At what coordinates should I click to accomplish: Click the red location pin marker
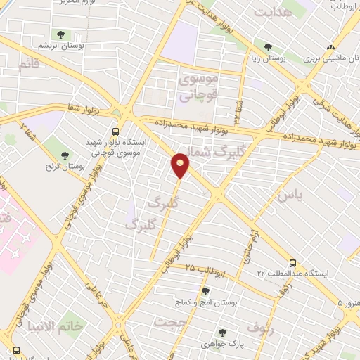(181, 165)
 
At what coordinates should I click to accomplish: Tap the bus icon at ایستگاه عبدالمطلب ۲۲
(292, 259)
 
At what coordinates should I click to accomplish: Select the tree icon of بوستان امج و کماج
(205, 292)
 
